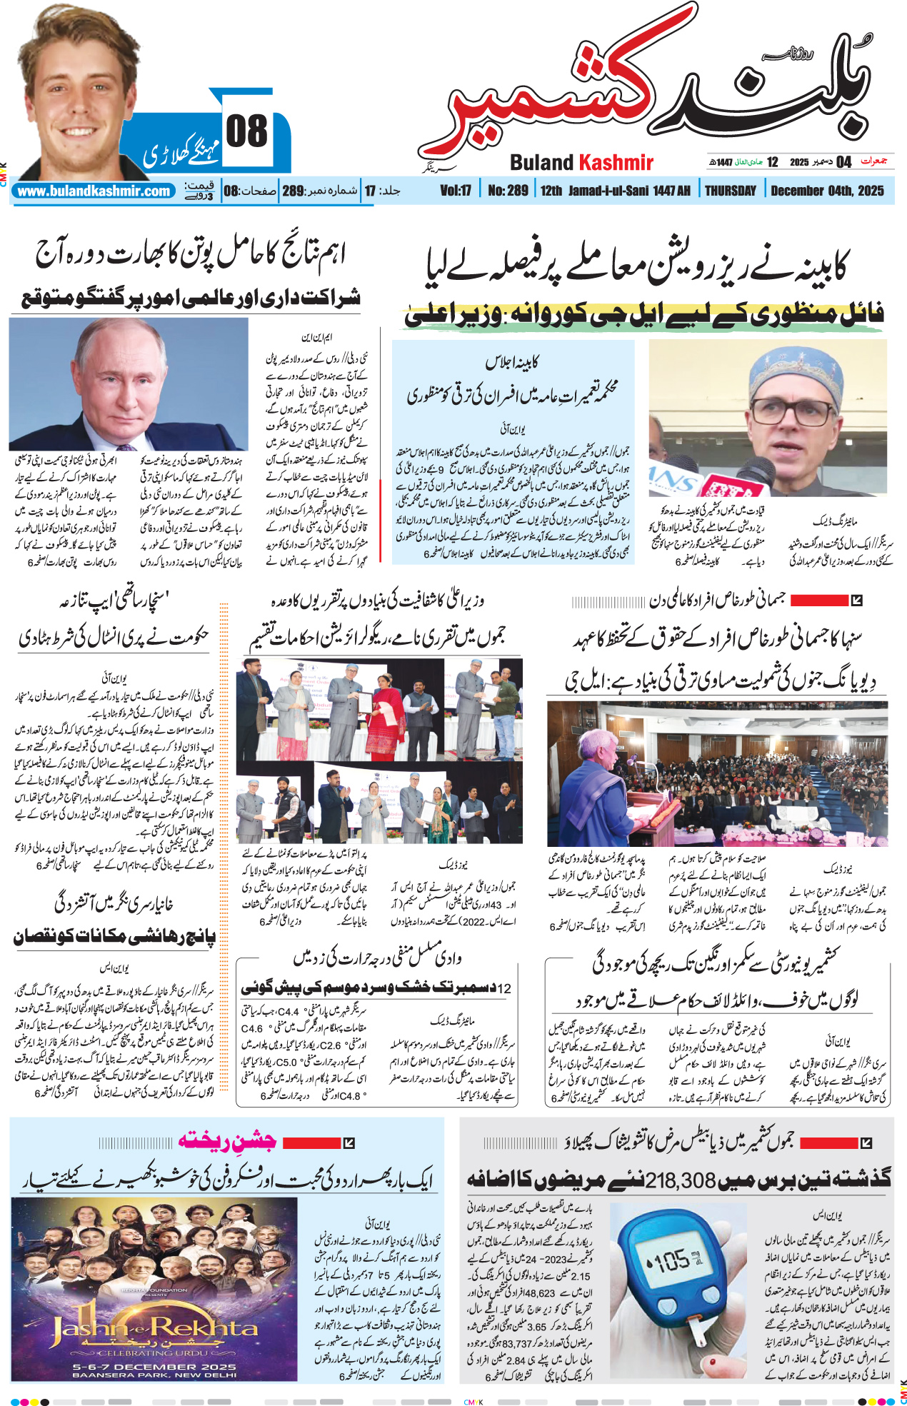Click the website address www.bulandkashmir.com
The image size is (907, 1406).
coord(94,191)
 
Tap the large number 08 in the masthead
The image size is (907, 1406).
coord(246,132)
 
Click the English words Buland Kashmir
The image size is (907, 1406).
coord(581,163)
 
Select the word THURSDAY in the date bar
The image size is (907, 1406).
coord(730,191)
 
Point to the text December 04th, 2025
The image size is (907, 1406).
coord(827,191)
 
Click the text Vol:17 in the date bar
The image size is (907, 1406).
coord(456,191)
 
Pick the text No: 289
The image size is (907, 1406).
coord(508,191)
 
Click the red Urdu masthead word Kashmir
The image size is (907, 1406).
coord(543,100)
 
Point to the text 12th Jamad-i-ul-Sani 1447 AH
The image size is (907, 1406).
coord(615,191)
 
